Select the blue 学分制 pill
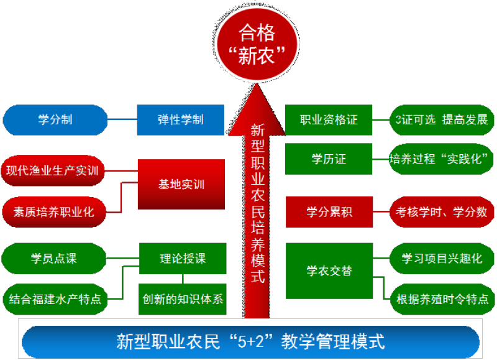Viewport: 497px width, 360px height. point(55,119)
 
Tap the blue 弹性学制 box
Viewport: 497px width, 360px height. point(180,119)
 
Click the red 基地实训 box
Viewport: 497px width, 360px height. point(181,185)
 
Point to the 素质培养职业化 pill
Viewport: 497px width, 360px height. point(54,211)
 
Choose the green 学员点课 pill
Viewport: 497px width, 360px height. point(54,258)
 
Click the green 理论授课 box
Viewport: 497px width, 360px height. point(183,258)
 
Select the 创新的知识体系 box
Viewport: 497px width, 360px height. point(182,299)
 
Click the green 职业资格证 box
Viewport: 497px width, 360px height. point(329,119)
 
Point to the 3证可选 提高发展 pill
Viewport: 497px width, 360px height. point(439,119)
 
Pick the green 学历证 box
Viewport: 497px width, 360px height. point(329,159)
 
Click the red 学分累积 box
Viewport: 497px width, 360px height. point(329,211)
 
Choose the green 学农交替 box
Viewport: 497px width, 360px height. point(329,271)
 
